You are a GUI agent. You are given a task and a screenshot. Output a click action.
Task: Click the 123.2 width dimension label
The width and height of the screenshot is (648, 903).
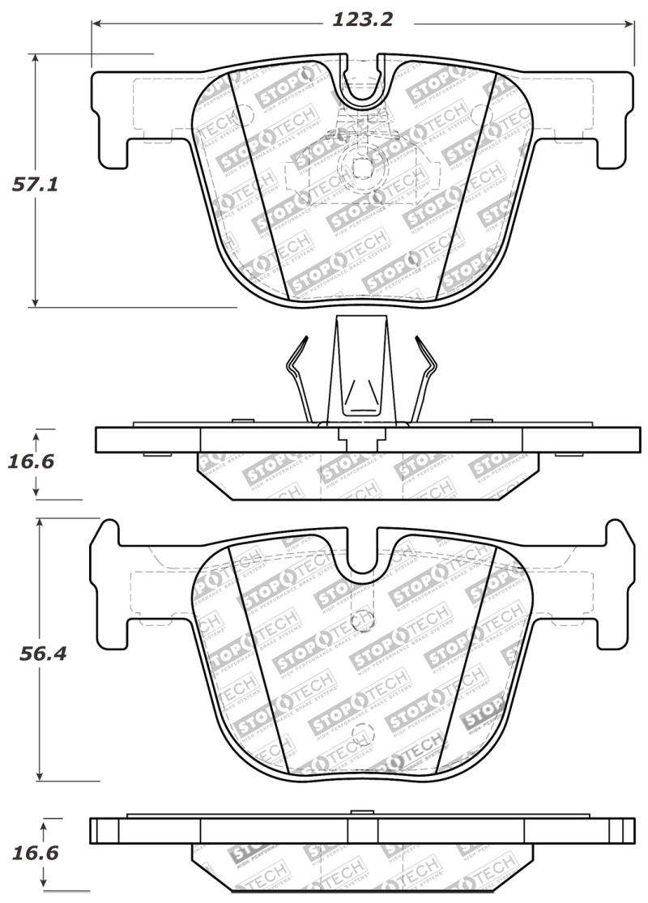pos(362,19)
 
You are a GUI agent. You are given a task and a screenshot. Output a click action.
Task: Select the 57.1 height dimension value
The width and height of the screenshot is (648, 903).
pos(35,185)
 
